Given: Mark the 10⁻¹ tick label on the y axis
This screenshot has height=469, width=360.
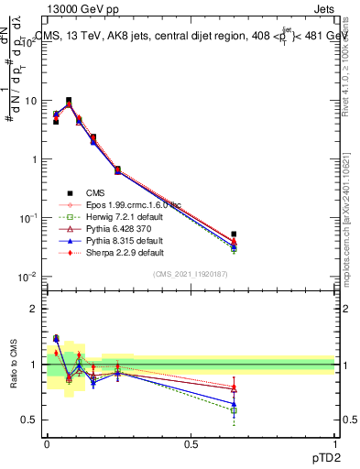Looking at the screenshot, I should click(27, 218).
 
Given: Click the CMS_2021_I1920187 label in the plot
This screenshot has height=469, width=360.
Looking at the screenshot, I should click(190, 274).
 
